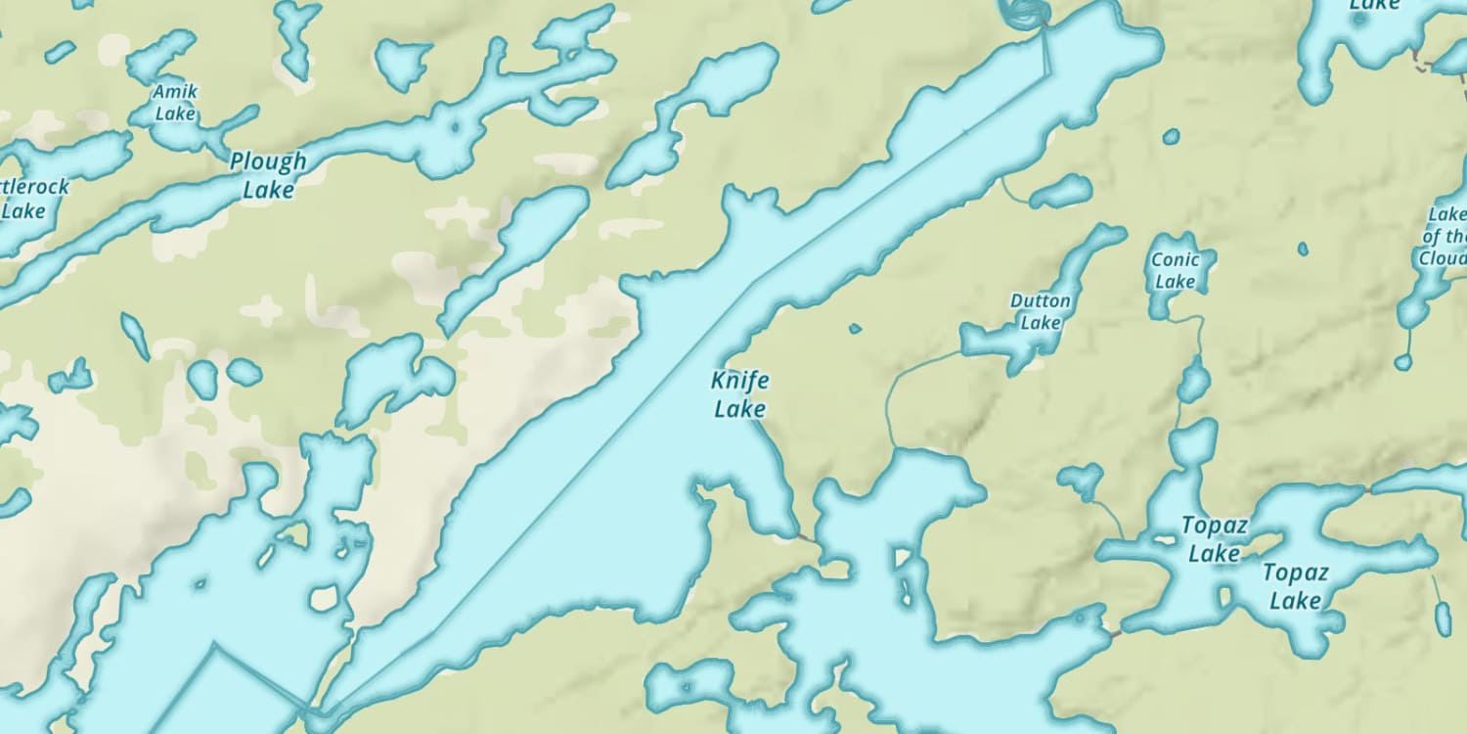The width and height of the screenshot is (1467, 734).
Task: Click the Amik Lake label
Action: pyautogui.click(x=176, y=103)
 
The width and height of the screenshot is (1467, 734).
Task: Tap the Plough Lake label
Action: pyautogui.click(x=268, y=175)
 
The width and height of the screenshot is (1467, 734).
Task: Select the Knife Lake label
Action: pyautogui.click(x=739, y=394)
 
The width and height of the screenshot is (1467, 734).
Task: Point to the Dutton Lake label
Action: pyautogui.click(x=1041, y=311)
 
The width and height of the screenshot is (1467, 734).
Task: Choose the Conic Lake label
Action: pyautogui.click(x=1175, y=270)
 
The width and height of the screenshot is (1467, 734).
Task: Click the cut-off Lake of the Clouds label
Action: pyautogui.click(x=1445, y=236)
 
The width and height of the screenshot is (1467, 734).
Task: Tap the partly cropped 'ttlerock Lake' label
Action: pyautogui.click(x=29, y=198)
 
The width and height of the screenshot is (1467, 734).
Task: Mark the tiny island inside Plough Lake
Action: pyautogui.click(x=453, y=127)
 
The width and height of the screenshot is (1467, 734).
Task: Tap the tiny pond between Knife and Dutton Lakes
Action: pyautogui.click(x=855, y=329)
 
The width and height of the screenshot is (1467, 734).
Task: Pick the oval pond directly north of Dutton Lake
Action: pyautogui.click(x=1061, y=192)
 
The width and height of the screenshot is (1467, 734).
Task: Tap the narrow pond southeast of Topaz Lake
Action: pyautogui.click(x=1444, y=619)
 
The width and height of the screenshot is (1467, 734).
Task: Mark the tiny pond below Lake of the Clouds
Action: pyautogui.click(x=1403, y=362)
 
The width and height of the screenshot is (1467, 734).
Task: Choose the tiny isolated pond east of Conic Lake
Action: pyautogui.click(x=1303, y=249)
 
